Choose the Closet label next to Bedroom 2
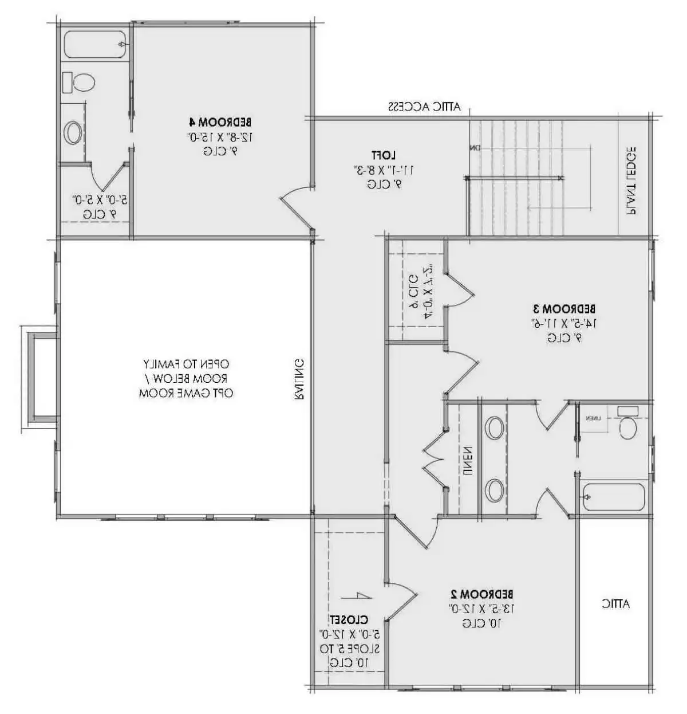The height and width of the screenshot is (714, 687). [x=348, y=619]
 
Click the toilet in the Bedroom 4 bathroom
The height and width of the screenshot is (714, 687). [x=78, y=82]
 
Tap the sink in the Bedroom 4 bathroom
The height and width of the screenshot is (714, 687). [x=73, y=133]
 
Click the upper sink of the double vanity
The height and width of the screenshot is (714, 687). [x=494, y=428]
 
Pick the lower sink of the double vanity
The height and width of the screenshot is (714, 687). [x=494, y=490]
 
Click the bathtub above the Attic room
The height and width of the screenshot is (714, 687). [x=613, y=496]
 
